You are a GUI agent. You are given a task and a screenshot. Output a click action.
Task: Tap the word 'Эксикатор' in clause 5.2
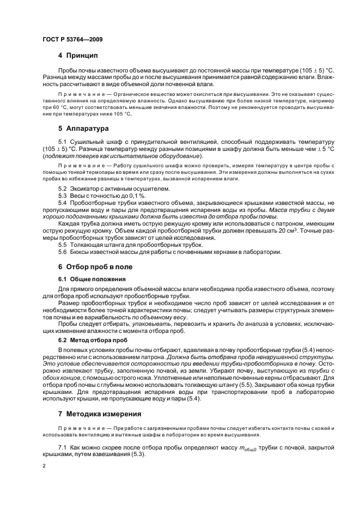click(x=84, y=189)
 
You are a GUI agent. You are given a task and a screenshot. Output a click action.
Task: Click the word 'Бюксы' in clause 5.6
click(x=80, y=252)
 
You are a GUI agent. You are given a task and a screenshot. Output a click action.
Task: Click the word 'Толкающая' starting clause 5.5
click(x=87, y=245)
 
